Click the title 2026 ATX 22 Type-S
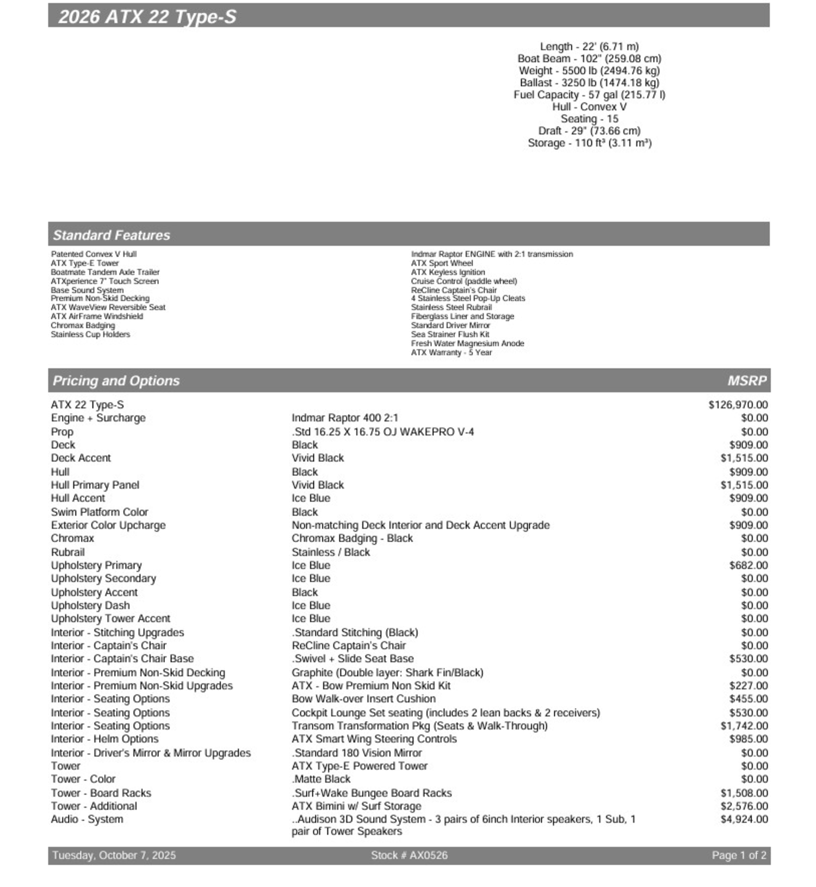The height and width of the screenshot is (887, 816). pos(147,17)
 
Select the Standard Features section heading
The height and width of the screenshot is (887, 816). pos(112,235)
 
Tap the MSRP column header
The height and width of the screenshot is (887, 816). pos(747,381)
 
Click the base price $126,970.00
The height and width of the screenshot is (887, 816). pos(738,405)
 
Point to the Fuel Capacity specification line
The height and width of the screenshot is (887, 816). pos(589,95)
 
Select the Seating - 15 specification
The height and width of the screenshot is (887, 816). pos(589,119)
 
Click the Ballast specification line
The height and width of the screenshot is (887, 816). pos(589,83)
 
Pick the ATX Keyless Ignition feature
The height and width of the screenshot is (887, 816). pos(448,272)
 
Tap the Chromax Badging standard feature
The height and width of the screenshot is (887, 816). pos(83,325)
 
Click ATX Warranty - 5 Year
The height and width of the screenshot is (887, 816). pos(451,352)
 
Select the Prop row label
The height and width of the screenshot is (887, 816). pos(62,432)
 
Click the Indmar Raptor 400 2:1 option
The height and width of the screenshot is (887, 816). pos(345,418)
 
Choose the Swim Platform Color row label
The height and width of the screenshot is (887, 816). pos(100,512)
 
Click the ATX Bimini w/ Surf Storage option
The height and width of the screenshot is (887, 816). pos(356,806)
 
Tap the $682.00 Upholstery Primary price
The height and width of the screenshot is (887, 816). pos(749,565)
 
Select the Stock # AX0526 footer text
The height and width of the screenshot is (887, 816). pos(409,855)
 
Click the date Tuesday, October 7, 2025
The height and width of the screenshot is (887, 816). pos(114,855)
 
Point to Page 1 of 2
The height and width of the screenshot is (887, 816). pos(739,855)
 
